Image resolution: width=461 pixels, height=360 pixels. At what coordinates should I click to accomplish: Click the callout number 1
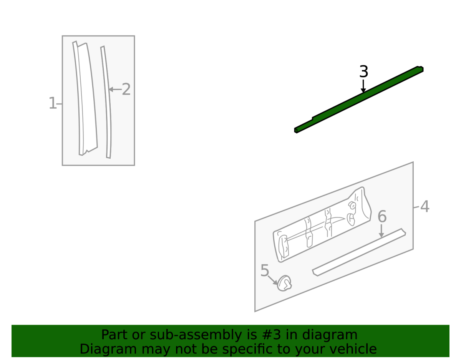click(x=53, y=103)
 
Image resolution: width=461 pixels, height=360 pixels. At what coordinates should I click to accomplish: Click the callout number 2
click(x=126, y=89)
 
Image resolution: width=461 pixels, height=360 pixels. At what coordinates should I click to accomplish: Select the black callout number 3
click(x=364, y=71)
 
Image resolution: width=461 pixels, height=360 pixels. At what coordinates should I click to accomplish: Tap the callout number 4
click(x=425, y=206)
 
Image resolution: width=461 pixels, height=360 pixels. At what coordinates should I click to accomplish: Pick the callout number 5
click(x=265, y=270)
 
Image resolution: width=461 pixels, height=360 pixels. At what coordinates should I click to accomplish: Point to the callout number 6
click(x=382, y=216)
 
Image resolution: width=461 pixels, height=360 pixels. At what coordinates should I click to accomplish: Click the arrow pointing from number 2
click(x=115, y=89)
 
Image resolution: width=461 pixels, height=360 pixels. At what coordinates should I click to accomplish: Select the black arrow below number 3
click(x=363, y=86)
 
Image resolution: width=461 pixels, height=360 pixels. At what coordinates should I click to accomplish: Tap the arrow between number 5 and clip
click(x=273, y=280)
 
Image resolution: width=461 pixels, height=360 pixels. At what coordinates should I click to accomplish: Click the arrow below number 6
click(x=381, y=231)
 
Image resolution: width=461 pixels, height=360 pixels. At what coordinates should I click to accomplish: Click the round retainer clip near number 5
click(x=284, y=283)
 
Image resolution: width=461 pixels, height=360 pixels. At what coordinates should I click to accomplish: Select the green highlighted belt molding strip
click(x=358, y=100)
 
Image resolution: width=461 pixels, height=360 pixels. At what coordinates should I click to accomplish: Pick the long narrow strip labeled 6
click(x=359, y=252)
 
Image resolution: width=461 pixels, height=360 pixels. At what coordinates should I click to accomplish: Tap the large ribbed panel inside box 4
click(x=322, y=225)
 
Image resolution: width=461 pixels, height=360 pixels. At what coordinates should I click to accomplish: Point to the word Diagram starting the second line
click(x=108, y=350)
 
